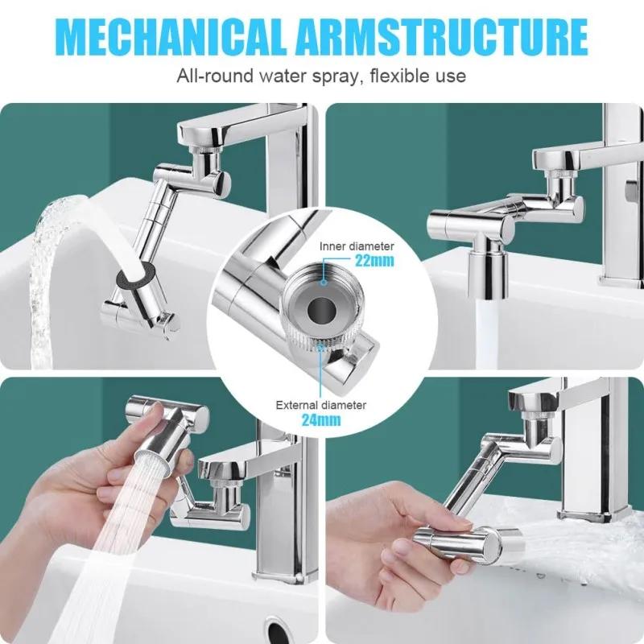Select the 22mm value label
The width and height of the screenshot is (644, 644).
tap(376, 261)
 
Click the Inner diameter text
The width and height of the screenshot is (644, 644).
tap(357, 246)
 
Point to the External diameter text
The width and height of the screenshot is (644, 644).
tap(321, 404)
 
